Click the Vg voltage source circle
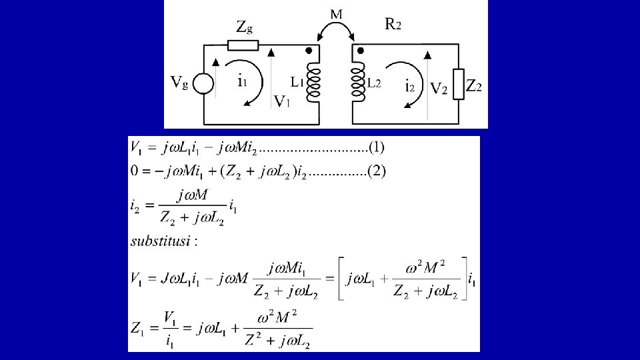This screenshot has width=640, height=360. pyautogui.click(x=203, y=85)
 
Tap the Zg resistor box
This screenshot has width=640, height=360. pyautogui.click(x=243, y=45)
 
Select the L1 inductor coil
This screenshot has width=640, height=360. pyautogui.click(x=313, y=83)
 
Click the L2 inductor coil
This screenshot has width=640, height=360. pyautogui.click(x=358, y=83)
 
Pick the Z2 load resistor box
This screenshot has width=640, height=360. pyautogui.click(x=458, y=84)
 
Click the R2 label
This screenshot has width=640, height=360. pyautogui.click(x=393, y=25)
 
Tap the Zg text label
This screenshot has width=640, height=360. pyautogui.click(x=244, y=27)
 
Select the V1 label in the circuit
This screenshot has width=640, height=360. pyautogui.click(x=282, y=101)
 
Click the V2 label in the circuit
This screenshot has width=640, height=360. pyautogui.click(x=438, y=89)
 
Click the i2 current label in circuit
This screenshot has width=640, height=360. pyautogui.click(x=411, y=85)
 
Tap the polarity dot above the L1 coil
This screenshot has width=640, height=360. pyautogui.click(x=307, y=51)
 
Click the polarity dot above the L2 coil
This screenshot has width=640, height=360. pyautogui.click(x=361, y=51)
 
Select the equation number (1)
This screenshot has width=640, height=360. pyautogui.click(x=376, y=147)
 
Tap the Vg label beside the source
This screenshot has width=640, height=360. pyautogui.click(x=179, y=83)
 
